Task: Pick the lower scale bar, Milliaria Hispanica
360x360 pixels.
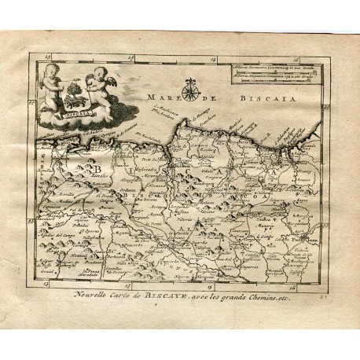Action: [278, 77]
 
